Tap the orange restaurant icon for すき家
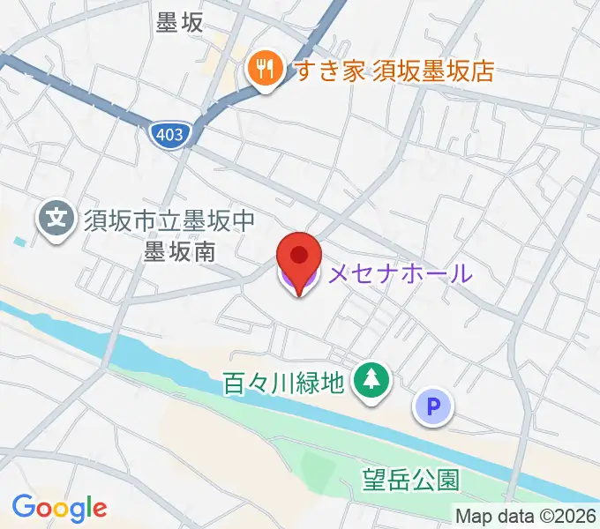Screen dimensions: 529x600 [263, 68]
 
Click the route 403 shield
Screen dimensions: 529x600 [168, 135]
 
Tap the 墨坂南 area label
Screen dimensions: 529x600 [179, 251]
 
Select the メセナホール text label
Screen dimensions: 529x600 [400, 274]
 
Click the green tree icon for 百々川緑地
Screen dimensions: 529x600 [370, 381]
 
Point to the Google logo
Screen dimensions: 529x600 [59, 508]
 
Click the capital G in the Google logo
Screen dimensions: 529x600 [23, 507]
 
